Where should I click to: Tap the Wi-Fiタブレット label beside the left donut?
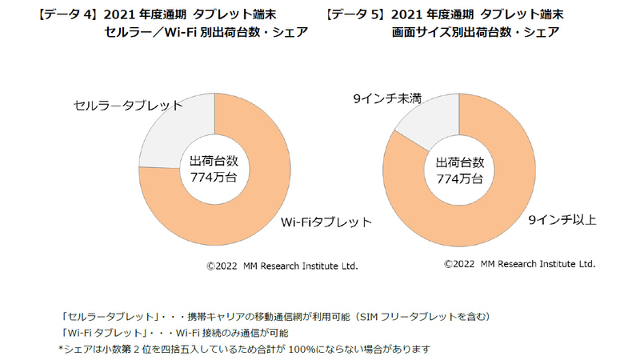326,222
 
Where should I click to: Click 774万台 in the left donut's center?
214,178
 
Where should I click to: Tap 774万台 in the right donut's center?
460,178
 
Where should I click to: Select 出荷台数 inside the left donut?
214,161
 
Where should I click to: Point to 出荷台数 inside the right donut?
460,161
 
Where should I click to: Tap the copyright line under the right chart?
520,263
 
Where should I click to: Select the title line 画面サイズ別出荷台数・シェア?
475,33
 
